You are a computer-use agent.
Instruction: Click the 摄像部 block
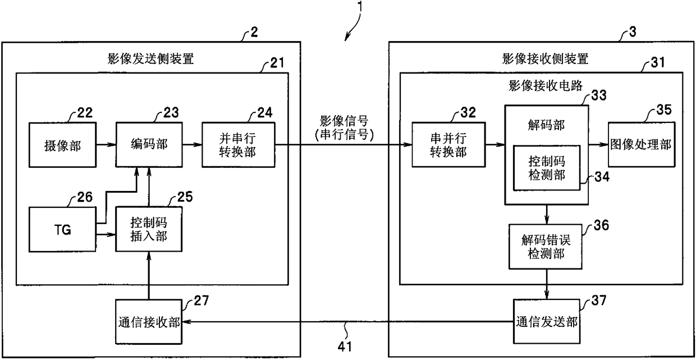(62, 145)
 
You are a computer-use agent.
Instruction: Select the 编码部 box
(149, 145)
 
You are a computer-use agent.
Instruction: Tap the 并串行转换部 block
(239, 145)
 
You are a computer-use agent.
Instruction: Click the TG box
(62, 230)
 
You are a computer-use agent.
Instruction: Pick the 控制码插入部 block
(149, 230)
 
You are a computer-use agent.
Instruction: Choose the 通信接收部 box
(149, 322)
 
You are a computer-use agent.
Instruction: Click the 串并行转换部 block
(448, 145)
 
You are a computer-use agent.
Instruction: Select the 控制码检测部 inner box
(547, 168)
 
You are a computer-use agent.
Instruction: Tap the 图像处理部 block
(642, 145)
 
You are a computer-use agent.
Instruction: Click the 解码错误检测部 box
(546, 247)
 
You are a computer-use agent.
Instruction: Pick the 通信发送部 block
(547, 321)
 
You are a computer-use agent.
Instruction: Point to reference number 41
(345, 347)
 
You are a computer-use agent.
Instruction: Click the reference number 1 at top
(360, 6)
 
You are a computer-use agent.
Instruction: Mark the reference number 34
(602, 177)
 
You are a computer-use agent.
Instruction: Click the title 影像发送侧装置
(150, 59)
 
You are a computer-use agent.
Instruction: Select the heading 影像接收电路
(546, 85)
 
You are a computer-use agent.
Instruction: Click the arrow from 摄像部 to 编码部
(106, 144)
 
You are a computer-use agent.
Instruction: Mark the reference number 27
(202, 300)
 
